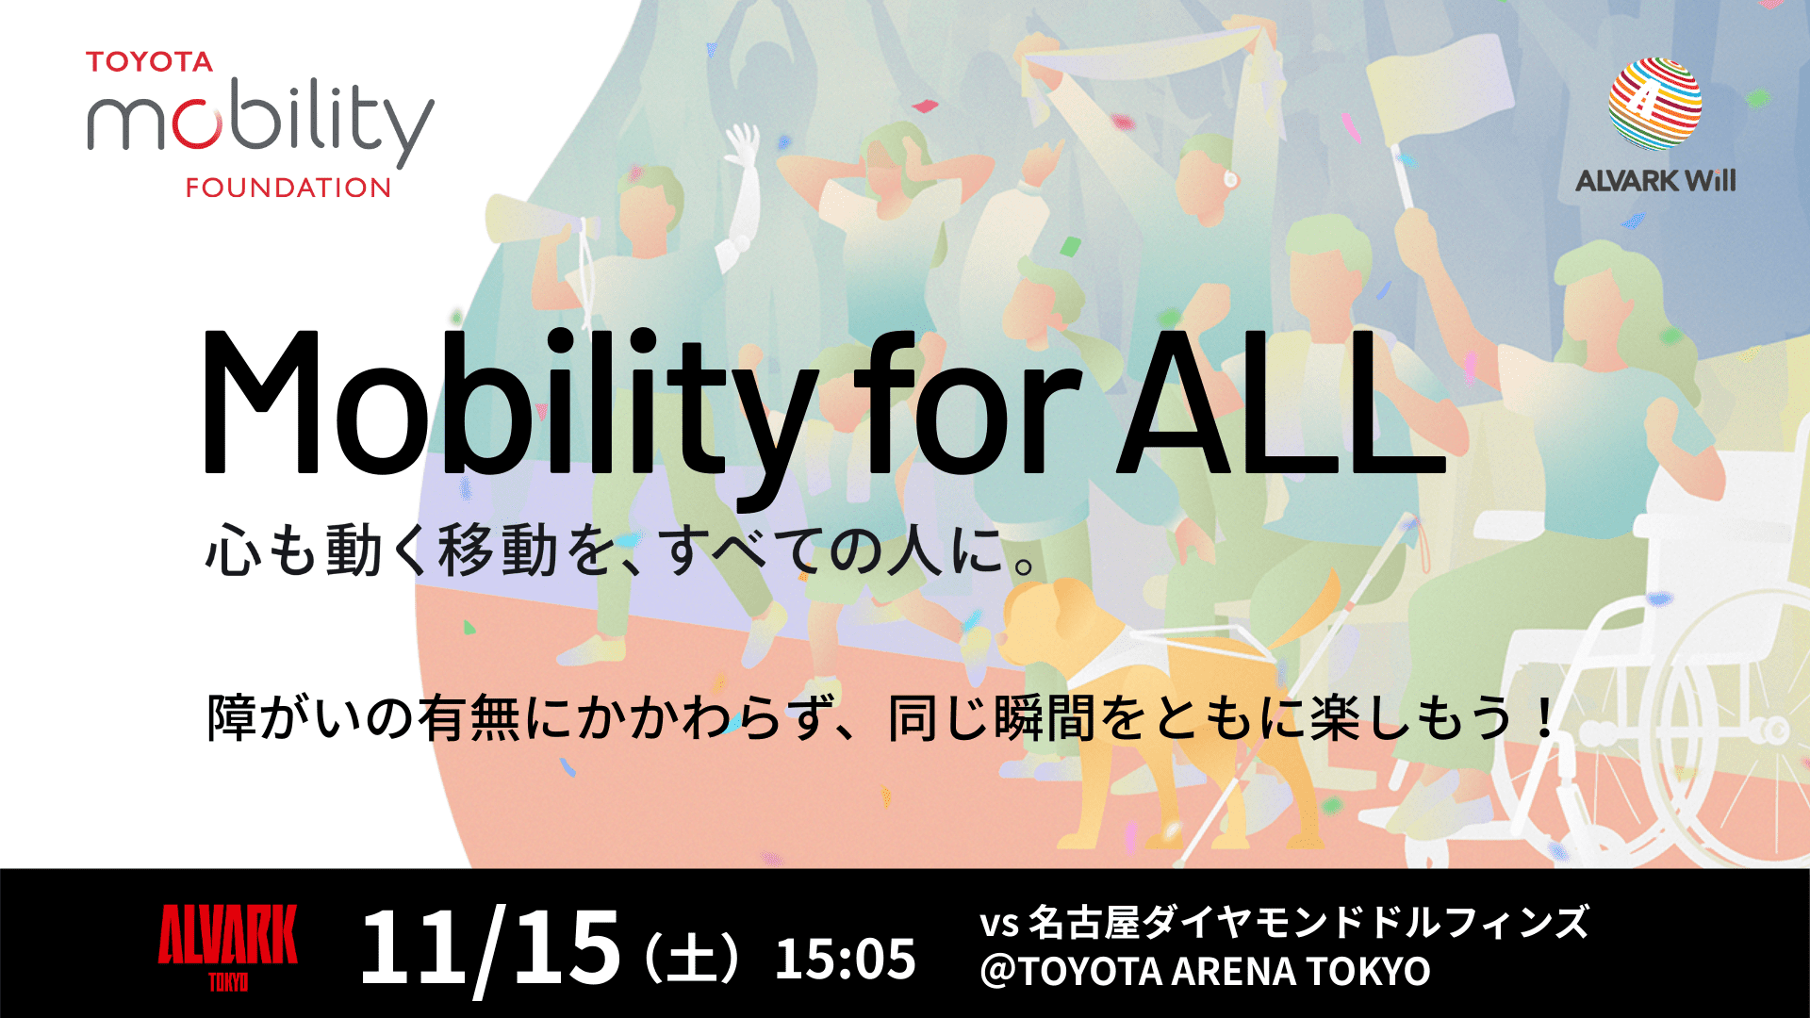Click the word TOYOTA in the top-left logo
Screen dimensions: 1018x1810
click(149, 62)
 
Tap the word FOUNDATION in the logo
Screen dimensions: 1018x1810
click(288, 188)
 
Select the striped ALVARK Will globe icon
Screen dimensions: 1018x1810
click(1654, 104)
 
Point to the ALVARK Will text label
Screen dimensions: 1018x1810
click(1654, 180)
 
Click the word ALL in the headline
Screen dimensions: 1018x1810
click(1280, 403)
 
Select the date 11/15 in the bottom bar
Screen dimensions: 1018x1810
click(489, 947)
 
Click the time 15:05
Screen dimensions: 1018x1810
click(845, 959)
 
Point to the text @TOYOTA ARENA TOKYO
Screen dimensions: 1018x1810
click(1205, 972)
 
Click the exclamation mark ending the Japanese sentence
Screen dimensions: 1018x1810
click(1543, 719)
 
